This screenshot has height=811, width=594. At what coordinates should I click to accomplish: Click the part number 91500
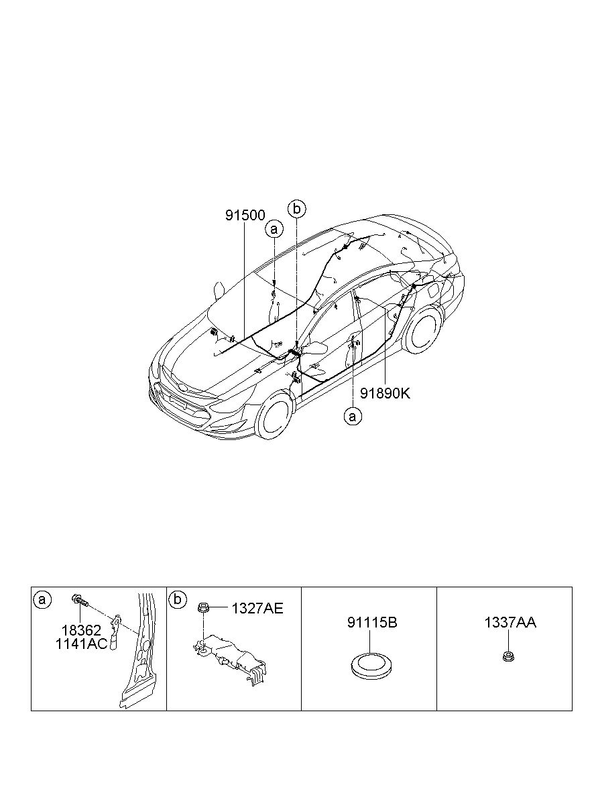point(245,215)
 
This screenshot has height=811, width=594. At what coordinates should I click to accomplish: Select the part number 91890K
point(385,393)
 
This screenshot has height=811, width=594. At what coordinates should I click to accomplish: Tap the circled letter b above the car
point(296,209)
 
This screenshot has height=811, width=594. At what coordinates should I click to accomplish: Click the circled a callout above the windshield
point(274,229)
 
